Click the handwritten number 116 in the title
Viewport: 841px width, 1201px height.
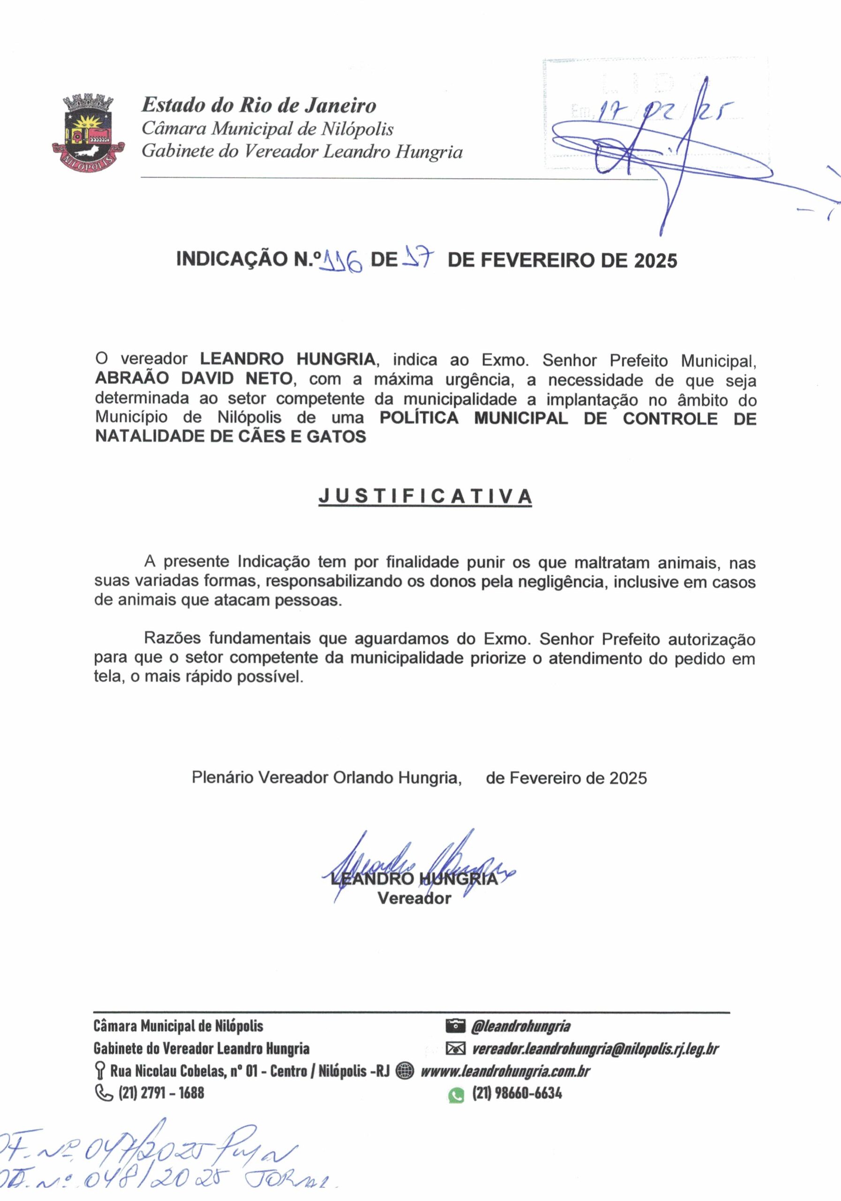click(342, 260)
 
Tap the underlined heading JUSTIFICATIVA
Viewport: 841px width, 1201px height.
click(426, 496)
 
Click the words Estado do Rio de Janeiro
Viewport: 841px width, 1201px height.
click(259, 105)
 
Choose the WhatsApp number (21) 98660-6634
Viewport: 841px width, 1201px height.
click(517, 1093)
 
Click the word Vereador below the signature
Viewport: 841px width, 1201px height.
click(414, 898)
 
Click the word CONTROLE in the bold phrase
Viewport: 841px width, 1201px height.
click(670, 418)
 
